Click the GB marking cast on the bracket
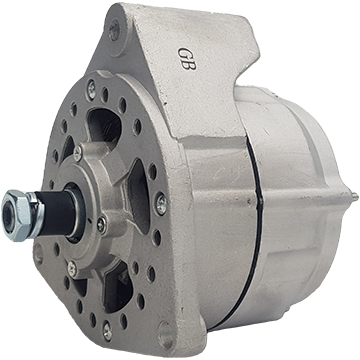187,58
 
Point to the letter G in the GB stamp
184,53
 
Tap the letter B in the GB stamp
190,64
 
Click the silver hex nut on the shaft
17,215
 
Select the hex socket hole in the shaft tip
8,217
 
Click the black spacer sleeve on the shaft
57,214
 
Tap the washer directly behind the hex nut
37,215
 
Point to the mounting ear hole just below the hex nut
39,254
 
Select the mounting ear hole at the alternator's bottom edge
166,331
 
